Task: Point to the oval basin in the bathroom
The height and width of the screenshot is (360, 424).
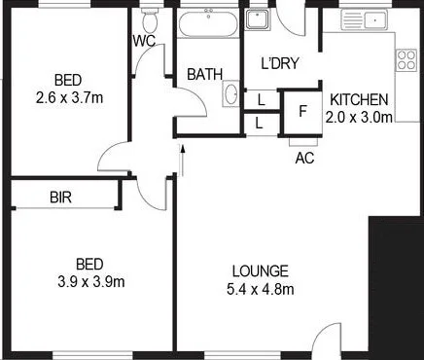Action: point(231,93)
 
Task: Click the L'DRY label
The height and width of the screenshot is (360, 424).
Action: point(279,64)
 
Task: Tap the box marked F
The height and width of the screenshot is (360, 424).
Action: point(302,110)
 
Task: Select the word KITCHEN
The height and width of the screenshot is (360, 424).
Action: point(359,99)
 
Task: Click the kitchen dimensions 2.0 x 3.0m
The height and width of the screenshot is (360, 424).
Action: point(359,117)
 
